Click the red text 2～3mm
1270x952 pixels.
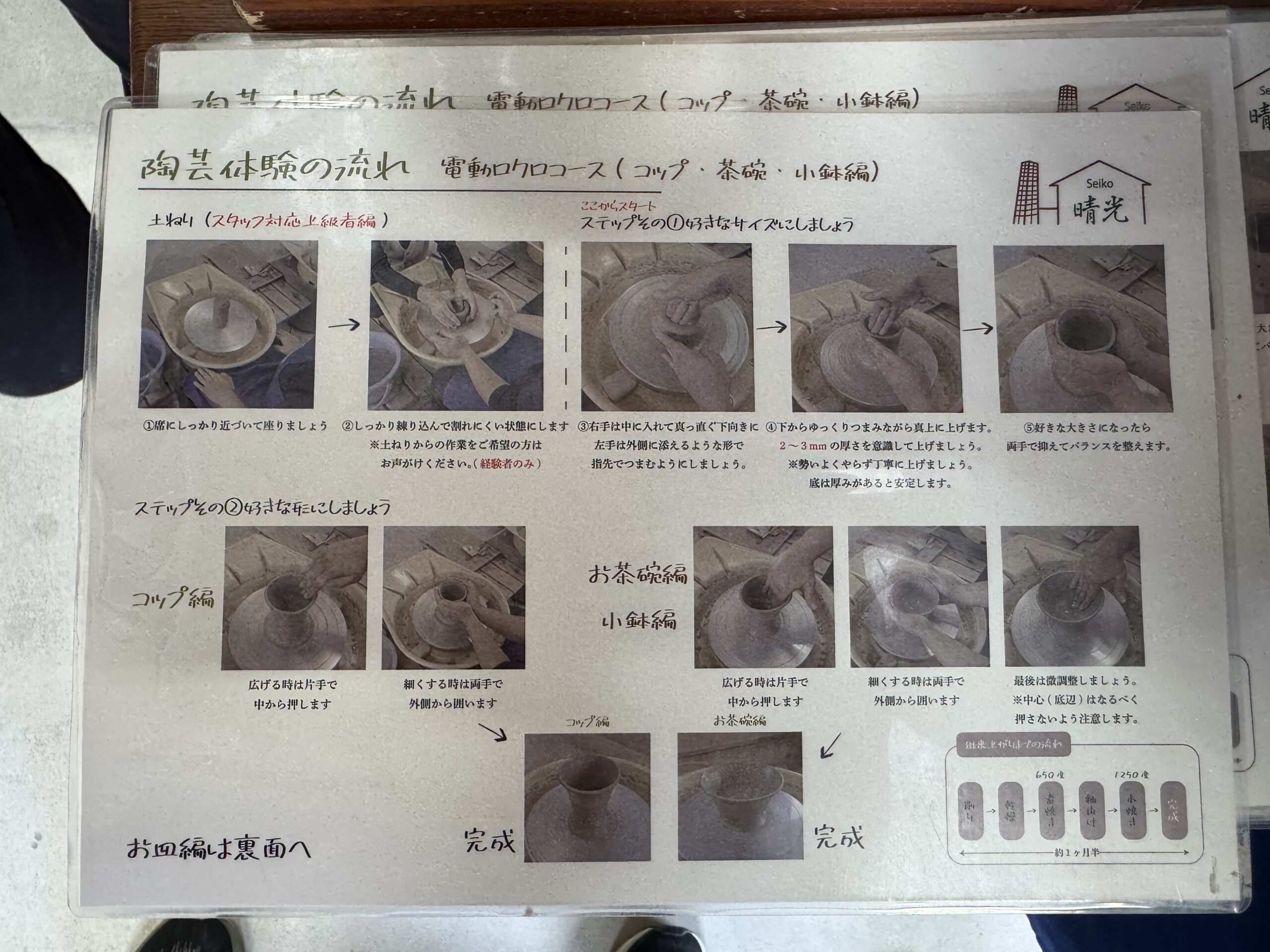803,446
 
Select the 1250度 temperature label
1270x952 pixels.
1131,774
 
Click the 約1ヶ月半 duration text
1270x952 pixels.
1077,853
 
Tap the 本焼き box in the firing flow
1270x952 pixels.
1132,810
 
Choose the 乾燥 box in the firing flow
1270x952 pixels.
1011,811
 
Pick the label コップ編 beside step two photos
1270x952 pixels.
173,599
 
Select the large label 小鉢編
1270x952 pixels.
638,620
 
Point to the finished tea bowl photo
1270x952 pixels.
740,796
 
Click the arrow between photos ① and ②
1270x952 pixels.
344,325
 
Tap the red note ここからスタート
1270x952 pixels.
618,206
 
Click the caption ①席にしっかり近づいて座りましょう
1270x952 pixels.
236,426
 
